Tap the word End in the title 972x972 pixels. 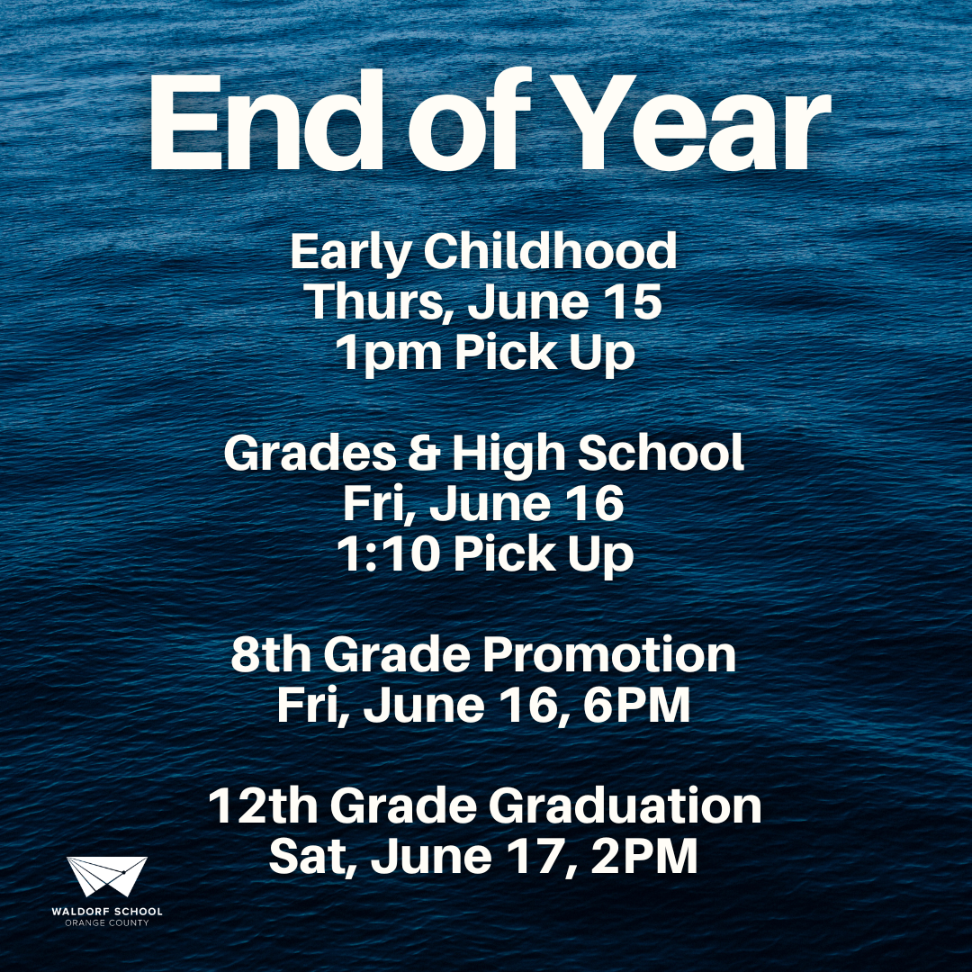click(265, 121)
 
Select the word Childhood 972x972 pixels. click(550, 251)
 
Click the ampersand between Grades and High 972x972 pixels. click(424, 453)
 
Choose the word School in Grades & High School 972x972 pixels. click(661, 452)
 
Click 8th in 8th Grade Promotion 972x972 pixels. click(271, 654)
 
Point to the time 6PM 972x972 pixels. click(636, 705)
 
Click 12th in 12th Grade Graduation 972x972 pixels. click(264, 805)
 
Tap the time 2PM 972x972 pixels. click(644, 856)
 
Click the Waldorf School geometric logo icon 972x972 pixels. click(106, 876)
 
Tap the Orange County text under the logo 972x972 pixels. click(106, 922)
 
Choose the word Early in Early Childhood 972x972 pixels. click(351, 253)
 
